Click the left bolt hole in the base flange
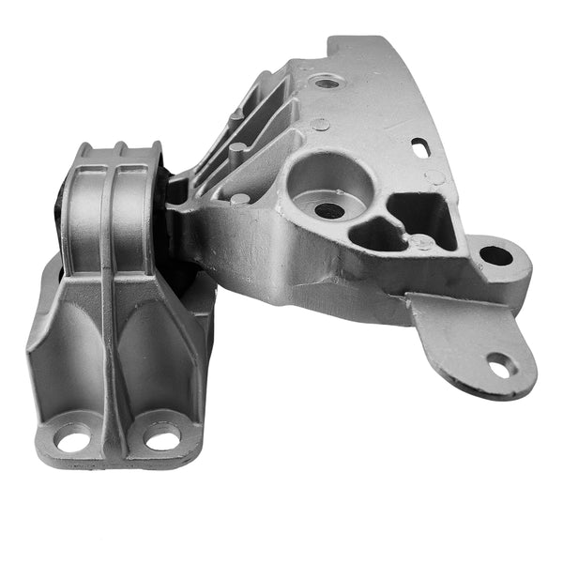(73, 438)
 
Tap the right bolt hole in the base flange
(162, 438)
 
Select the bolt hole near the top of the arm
(327, 83)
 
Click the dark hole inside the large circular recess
(328, 211)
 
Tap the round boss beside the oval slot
(435, 176)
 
